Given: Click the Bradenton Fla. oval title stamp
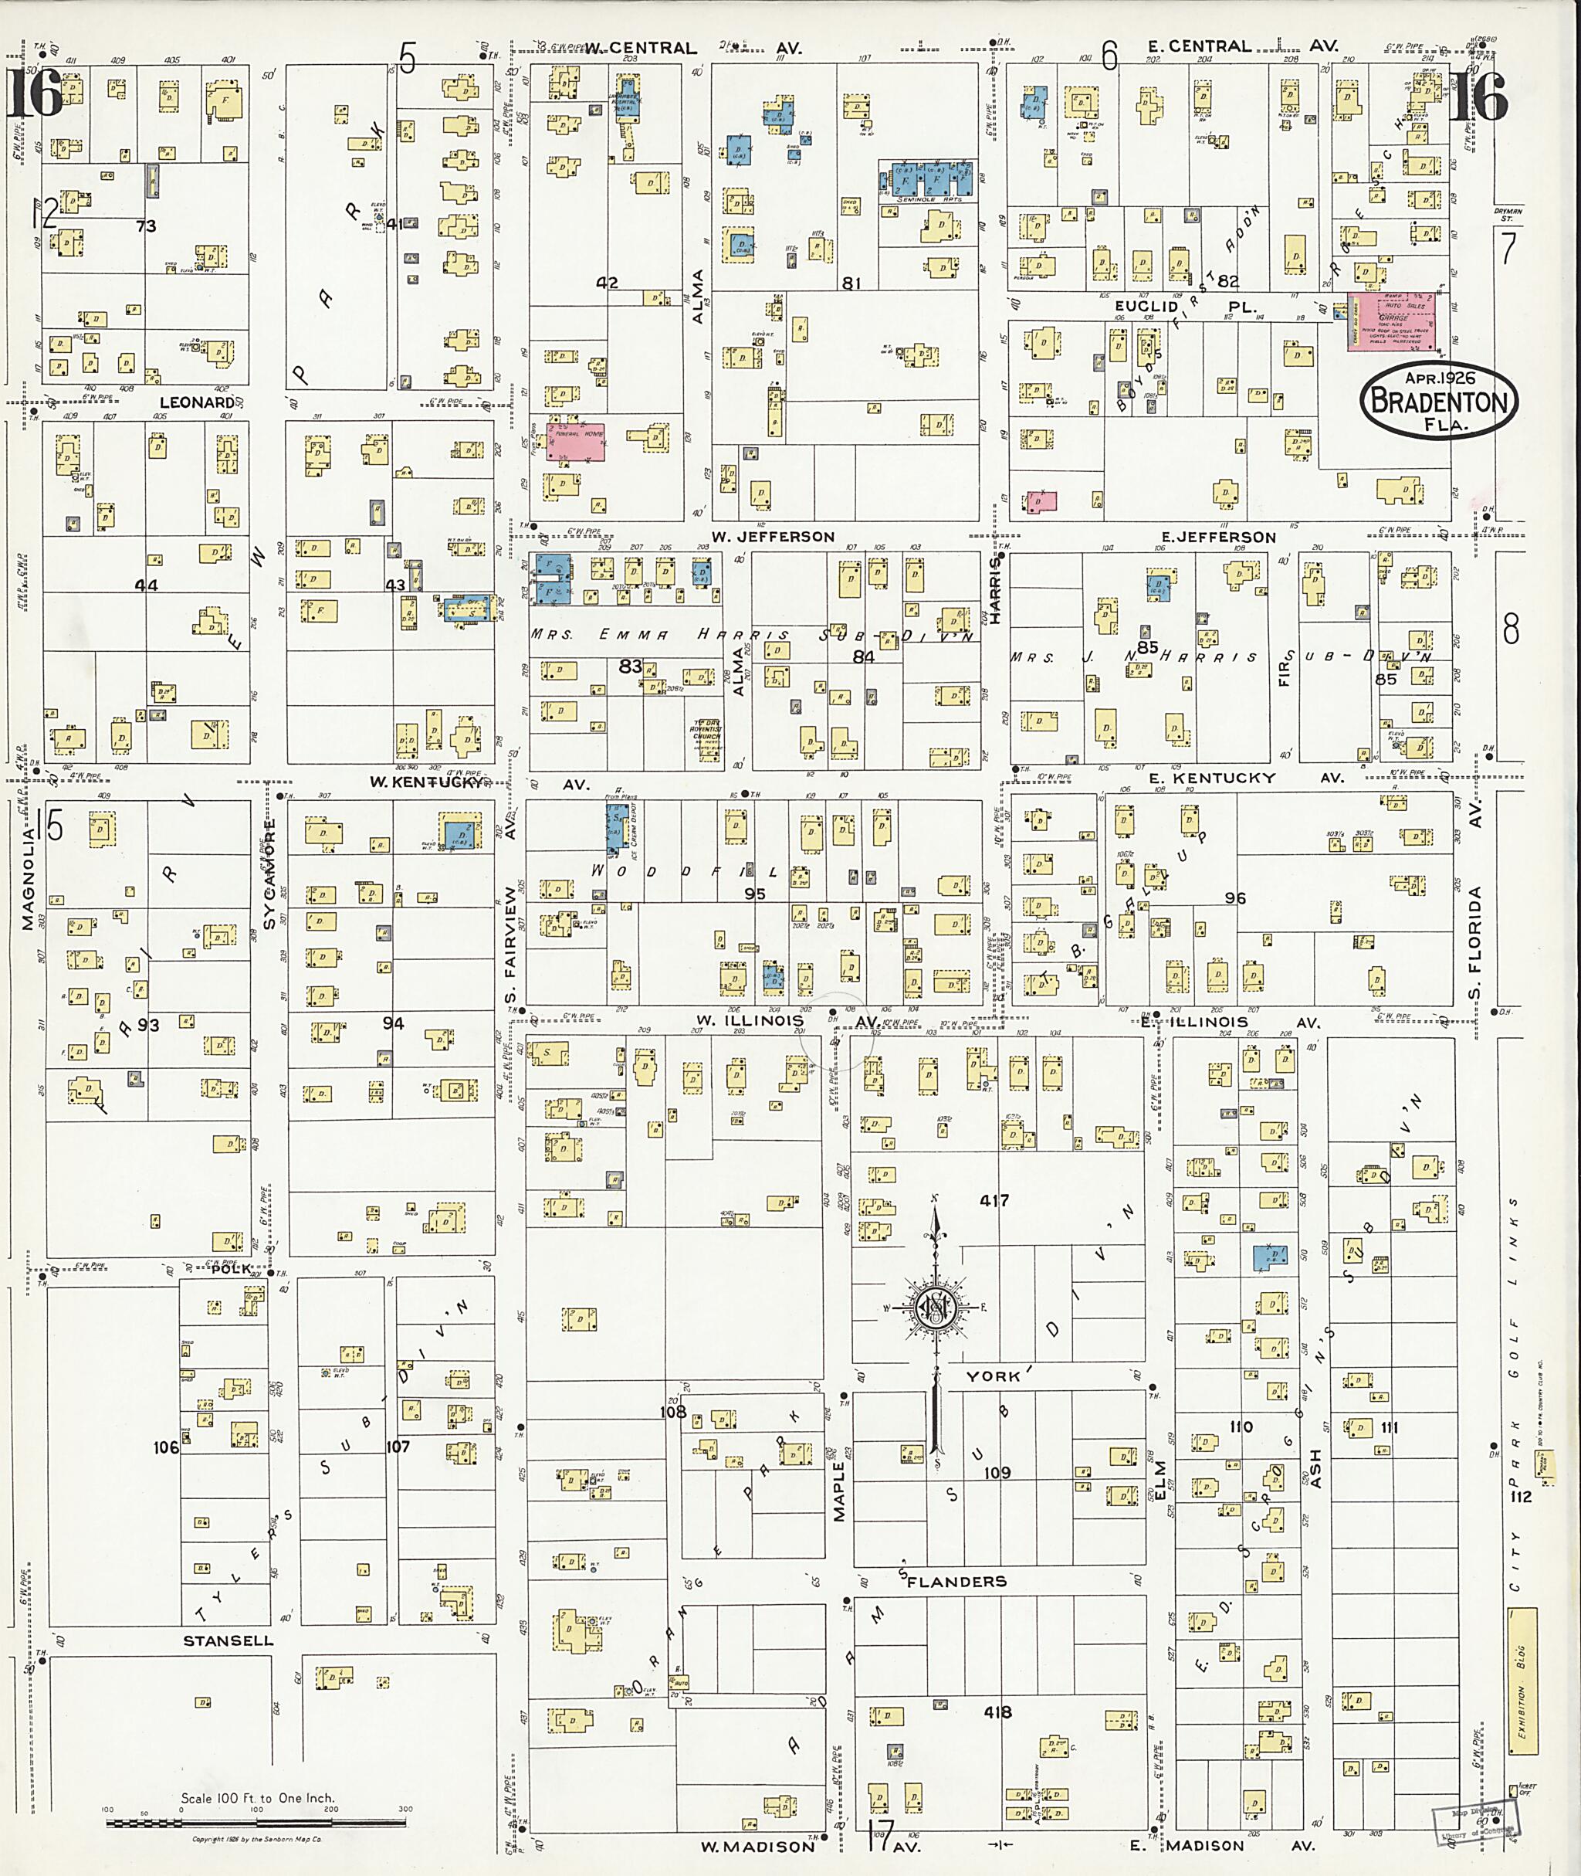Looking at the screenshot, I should click(1438, 400).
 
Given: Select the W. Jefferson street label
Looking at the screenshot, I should click(773, 536).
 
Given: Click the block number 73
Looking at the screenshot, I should click(145, 227).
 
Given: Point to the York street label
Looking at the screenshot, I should click(992, 1376).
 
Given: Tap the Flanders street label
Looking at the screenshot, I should click(956, 1581).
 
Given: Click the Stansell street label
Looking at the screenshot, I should click(228, 1640).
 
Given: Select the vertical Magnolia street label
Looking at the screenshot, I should click(28, 879).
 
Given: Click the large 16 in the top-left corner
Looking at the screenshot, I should click(36, 93).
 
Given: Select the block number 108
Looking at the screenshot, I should click(672, 1412).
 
